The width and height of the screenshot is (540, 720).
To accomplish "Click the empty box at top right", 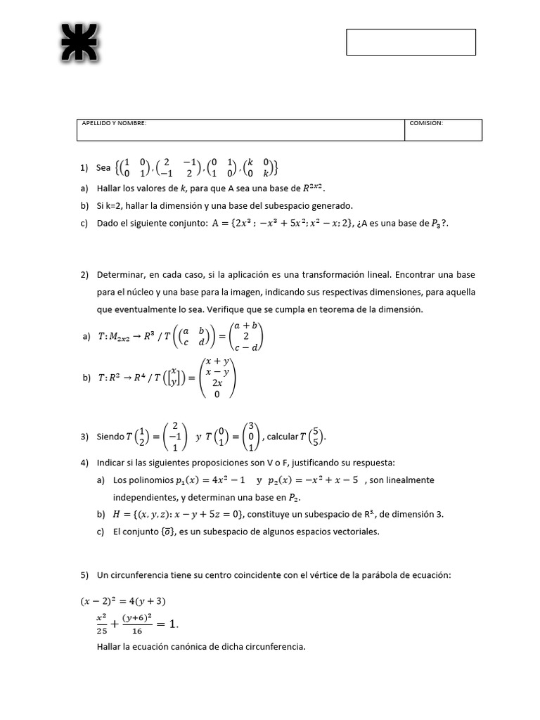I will (411, 42).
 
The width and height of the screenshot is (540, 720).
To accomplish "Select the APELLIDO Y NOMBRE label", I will (114, 123).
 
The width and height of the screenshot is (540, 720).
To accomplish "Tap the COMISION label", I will (426, 123).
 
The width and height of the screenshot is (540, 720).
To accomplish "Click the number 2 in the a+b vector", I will (246, 336).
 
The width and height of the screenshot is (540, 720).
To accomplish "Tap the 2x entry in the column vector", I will (217, 383).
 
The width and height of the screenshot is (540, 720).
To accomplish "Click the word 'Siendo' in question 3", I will (110, 437).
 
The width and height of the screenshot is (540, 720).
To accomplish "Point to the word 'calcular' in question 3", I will (283, 437).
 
